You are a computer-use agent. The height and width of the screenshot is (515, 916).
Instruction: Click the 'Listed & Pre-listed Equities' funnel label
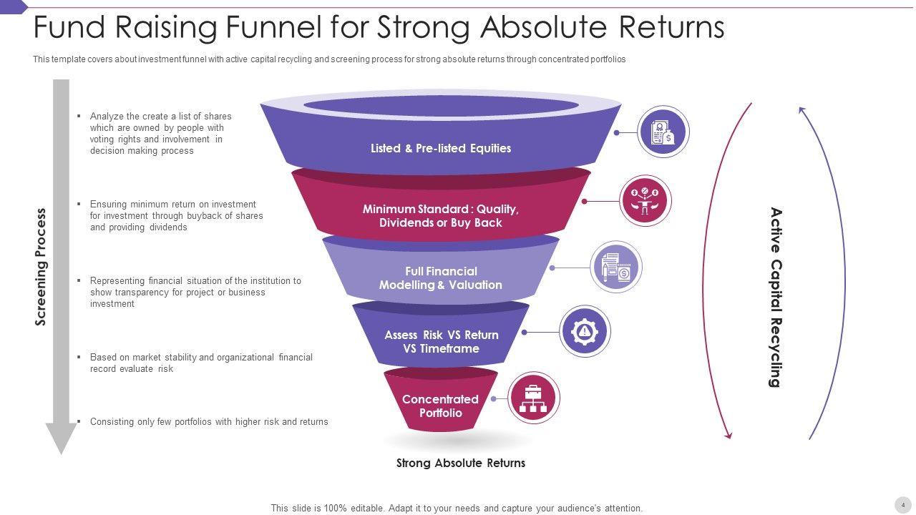pos(441,149)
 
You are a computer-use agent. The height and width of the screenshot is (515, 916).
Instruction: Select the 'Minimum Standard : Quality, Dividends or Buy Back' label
pos(441,216)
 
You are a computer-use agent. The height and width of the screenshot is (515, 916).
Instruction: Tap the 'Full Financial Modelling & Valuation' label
pos(441,278)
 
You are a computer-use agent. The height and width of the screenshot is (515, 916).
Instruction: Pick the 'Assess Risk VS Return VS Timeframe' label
pos(441,342)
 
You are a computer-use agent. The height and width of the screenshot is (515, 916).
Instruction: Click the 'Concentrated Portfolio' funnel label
pos(440,406)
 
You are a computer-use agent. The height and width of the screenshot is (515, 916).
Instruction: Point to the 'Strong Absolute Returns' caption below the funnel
pos(461,463)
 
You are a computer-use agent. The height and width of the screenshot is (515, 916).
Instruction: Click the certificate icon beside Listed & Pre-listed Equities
pos(663,132)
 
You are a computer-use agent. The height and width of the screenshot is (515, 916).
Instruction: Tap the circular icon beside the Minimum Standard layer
pos(645,201)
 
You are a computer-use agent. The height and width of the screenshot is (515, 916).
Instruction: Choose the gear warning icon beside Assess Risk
pos(585,331)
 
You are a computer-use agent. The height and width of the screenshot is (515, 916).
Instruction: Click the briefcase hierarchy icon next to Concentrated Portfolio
pos(533,398)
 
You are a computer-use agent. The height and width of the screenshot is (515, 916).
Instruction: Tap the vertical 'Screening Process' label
pos(41,267)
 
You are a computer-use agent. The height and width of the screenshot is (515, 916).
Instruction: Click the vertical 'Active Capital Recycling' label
pos(776,297)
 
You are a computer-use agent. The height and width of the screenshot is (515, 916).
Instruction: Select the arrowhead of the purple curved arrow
pos(802,110)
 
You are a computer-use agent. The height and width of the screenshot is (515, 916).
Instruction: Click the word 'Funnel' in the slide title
pos(275,27)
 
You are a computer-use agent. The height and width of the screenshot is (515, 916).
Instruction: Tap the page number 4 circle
pos(902,504)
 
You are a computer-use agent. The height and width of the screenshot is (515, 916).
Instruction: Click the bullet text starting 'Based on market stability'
pos(201,363)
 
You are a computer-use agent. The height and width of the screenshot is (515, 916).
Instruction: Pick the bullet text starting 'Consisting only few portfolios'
pos(209,422)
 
